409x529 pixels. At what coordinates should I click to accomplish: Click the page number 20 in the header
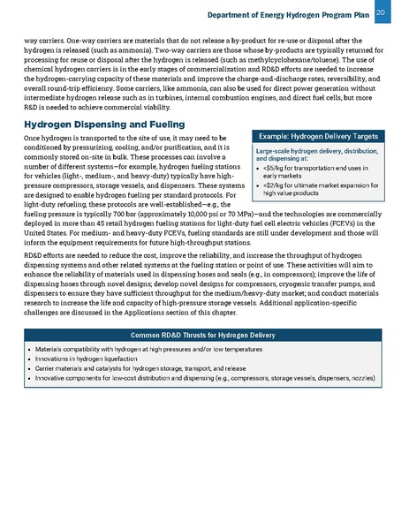(x=381, y=11)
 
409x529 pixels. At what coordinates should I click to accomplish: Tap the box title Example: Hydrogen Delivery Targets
(x=317, y=137)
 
